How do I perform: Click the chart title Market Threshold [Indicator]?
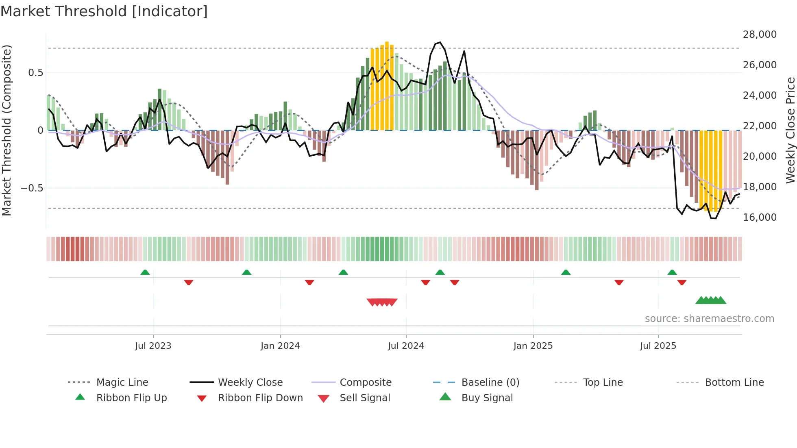[x=104, y=11]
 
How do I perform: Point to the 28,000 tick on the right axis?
[x=760, y=35]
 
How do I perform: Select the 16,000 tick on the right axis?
[x=760, y=217]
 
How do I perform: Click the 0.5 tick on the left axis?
[x=35, y=73]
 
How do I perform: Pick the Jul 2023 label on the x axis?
[x=153, y=346]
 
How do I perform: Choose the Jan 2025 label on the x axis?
[x=533, y=346]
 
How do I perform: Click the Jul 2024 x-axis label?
[x=406, y=346]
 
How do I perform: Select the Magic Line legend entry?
[x=122, y=383]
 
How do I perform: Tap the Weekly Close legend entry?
[x=250, y=383]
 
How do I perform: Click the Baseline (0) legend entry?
[x=490, y=383]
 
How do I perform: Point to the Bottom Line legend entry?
[x=734, y=383]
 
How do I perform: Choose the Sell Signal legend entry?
[x=365, y=398]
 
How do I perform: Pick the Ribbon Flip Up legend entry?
[x=131, y=398]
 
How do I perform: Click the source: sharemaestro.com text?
[x=709, y=319]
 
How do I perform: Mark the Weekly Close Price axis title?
[x=790, y=130]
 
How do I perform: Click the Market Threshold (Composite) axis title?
[x=7, y=130]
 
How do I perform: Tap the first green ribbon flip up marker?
[x=145, y=272]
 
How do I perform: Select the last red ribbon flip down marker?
[x=682, y=282]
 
